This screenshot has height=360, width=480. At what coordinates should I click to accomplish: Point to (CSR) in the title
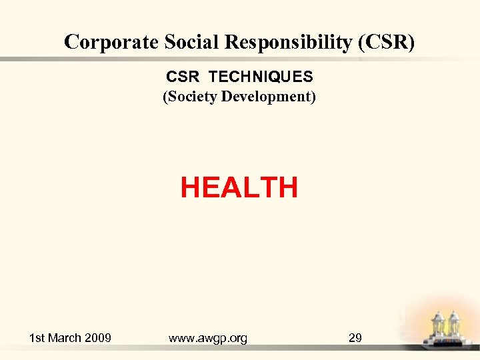(x=387, y=42)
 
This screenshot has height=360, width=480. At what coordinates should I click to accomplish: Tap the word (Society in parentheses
(x=190, y=97)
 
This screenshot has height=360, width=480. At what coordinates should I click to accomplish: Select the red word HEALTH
(x=239, y=188)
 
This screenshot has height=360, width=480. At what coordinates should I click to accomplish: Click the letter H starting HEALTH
(x=191, y=188)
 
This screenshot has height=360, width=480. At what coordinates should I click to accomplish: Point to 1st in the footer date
(x=38, y=338)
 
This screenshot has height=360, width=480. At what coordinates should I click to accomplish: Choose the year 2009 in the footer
(x=99, y=338)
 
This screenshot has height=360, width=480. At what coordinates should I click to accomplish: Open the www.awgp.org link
(x=208, y=339)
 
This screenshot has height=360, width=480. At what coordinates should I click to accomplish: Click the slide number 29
(x=355, y=338)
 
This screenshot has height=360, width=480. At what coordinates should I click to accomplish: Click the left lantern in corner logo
(x=439, y=327)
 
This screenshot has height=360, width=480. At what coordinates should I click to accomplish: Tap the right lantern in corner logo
(x=455, y=326)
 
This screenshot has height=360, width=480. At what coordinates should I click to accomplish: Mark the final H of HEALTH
(x=287, y=188)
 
